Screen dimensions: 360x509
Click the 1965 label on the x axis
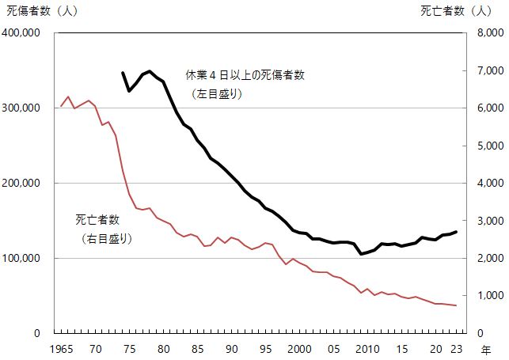61,349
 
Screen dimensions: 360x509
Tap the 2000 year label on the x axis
299,349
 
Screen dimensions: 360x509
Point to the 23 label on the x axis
456,349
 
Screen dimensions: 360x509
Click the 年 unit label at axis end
485,349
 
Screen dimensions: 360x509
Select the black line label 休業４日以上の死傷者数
245,75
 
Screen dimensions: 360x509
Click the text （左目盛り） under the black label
216,93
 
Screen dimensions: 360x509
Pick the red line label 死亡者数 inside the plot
97,219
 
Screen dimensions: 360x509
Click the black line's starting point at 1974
123,72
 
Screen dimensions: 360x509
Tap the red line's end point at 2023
456,305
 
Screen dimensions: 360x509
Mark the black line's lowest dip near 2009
361,254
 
